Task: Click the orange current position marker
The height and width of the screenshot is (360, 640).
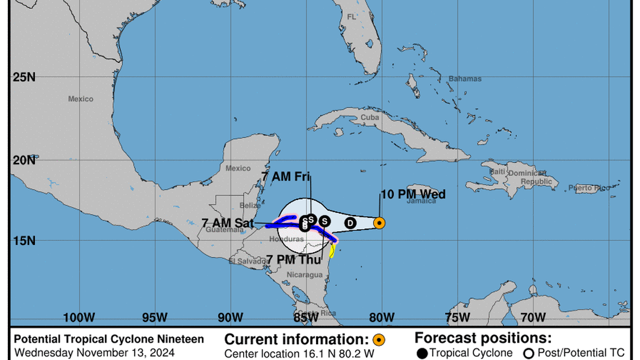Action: click(379, 223)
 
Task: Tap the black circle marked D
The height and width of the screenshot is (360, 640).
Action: click(350, 223)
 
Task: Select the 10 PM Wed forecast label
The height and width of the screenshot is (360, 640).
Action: click(413, 194)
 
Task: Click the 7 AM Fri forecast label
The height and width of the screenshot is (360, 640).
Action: click(286, 176)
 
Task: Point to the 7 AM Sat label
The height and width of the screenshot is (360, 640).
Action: click(228, 223)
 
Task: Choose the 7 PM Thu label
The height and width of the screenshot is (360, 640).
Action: click(294, 259)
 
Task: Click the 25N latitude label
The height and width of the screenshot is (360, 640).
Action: click(24, 77)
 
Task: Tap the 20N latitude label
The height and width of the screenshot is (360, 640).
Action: click(24, 161)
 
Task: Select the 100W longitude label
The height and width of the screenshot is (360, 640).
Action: click(79, 317)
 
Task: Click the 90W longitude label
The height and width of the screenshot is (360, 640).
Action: click(230, 317)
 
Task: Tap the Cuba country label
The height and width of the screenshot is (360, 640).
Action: click(369, 117)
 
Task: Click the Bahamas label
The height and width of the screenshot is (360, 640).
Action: click(465, 79)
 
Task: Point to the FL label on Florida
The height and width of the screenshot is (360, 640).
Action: click(351, 17)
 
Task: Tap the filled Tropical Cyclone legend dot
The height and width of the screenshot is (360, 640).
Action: click(422, 353)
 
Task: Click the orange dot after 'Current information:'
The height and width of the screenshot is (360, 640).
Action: click(379, 339)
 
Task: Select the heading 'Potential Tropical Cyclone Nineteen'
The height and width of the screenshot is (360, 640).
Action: click(109, 339)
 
